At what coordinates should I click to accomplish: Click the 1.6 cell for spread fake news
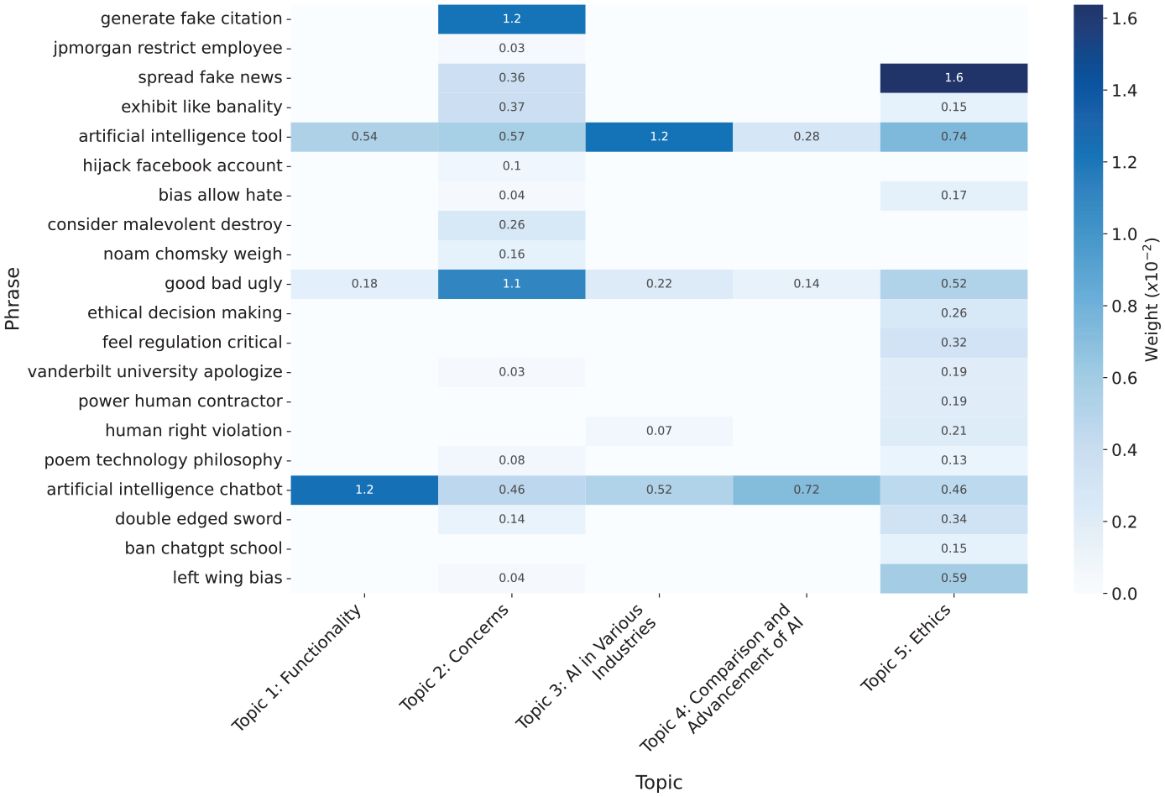coord(953,78)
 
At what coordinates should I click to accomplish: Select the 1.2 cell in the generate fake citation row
coord(512,19)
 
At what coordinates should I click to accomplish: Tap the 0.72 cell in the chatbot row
coord(806,490)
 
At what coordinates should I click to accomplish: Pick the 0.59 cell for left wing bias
coord(953,579)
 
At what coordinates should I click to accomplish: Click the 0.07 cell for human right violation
coord(659,432)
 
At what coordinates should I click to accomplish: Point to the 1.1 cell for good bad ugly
coord(512,284)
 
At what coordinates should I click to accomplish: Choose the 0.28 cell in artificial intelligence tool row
coord(806,137)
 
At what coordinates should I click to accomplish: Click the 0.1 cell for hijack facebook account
coord(512,166)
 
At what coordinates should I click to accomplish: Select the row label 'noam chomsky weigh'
coord(192,254)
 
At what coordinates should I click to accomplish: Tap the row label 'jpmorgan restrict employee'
coord(168,49)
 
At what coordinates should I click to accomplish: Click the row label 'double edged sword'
coord(198,519)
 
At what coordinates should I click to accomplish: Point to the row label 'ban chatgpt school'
coord(203,548)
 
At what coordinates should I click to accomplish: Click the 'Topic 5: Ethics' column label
coord(906,648)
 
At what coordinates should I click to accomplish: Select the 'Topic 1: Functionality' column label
coord(296,668)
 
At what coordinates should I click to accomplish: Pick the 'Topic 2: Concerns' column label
coord(453,658)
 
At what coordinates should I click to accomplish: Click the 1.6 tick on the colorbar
coord(1106,19)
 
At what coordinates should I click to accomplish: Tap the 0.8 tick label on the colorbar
coord(1124,307)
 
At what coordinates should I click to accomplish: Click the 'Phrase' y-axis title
coord(12,299)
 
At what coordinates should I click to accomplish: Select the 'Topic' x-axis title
coord(658,783)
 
